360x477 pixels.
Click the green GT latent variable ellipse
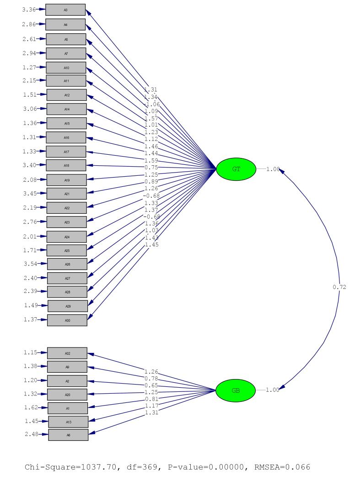[236, 169]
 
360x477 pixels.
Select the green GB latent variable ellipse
[236, 390]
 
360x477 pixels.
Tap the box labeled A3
[65, 10]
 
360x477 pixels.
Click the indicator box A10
[66, 68]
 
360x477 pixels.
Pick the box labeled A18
[66, 165]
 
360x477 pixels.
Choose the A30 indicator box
[67, 320]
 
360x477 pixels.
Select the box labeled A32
[67, 353]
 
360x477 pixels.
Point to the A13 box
[68, 422]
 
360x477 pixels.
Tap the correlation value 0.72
[339, 287]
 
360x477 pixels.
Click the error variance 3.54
[30, 264]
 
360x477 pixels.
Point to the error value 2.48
[31, 434]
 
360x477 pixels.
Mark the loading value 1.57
[151, 118]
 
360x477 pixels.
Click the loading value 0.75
[151, 167]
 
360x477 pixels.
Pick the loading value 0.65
[151, 386]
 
